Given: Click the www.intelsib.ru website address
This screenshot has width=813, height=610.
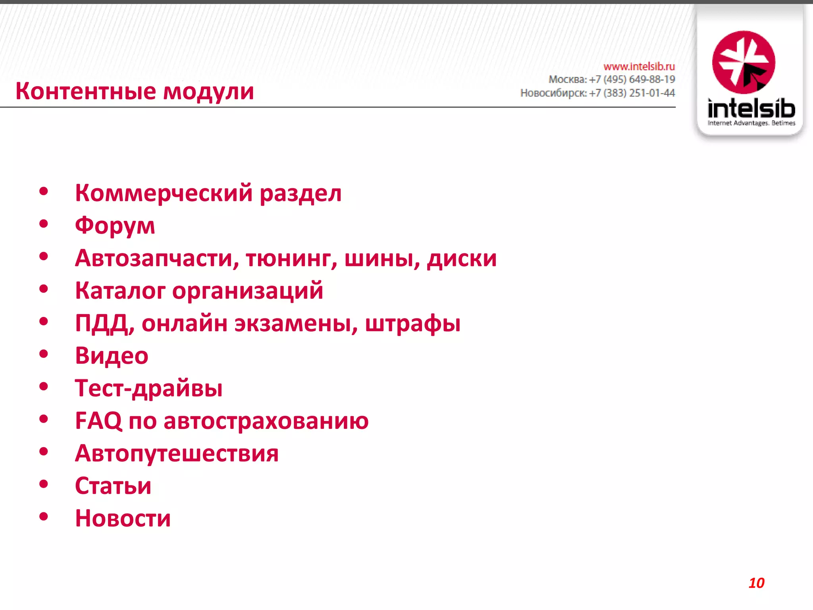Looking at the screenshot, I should point(639,66).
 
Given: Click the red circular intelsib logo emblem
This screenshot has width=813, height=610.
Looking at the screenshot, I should point(744,62).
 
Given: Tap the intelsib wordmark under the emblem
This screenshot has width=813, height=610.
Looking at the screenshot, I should point(751,108).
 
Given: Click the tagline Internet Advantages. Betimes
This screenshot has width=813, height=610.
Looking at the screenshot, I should point(751,123).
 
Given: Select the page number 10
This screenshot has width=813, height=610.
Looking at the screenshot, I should point(756,583).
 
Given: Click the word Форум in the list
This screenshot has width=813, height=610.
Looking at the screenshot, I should point(115,226).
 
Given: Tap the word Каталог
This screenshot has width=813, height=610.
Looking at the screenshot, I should point(120,291).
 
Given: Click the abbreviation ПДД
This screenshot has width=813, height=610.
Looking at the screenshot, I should point(102,323).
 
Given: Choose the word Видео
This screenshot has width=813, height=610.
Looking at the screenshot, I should point(112,355).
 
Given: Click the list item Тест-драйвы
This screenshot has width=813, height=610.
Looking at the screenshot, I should point(149,388).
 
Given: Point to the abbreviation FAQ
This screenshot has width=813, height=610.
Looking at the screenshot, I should point(98,421).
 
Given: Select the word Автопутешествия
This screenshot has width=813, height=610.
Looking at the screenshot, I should point(177,453).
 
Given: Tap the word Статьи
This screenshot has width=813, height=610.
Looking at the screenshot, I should point(113,486).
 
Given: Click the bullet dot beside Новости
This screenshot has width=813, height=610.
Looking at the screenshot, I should point(44,517).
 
